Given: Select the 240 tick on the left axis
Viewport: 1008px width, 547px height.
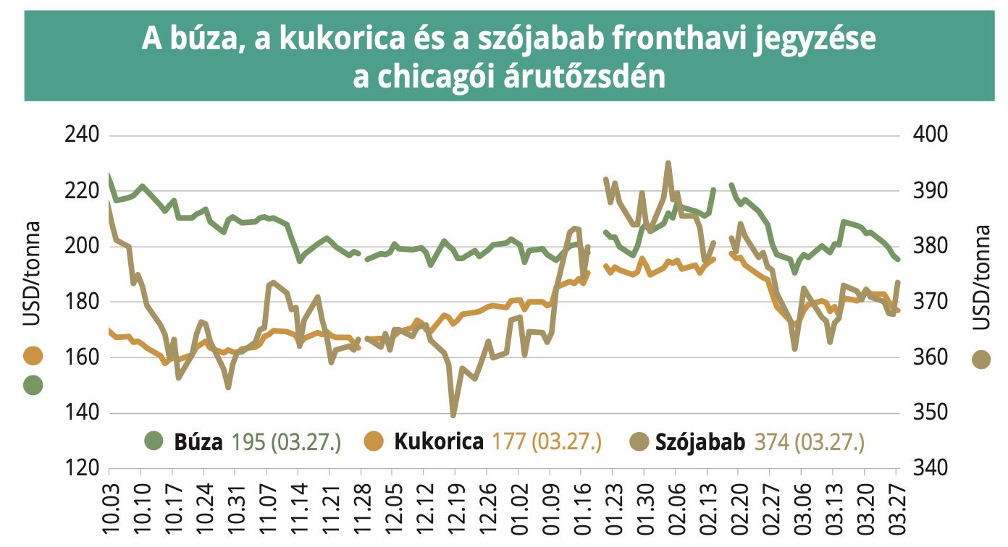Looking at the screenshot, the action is coord(82,135).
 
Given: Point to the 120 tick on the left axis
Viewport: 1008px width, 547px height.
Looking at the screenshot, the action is coord(82,468).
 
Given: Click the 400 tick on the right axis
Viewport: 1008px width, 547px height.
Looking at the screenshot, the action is coord(930,135).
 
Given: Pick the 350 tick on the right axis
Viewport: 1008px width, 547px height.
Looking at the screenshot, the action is coord(930,412).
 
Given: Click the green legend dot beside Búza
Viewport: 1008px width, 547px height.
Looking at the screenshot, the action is coord(154,441).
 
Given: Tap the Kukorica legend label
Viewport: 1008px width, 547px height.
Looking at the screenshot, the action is coord(439,441).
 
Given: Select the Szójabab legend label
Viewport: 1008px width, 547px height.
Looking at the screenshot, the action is coord(700,442).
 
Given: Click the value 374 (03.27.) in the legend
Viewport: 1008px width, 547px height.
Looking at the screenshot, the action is coord(810,442).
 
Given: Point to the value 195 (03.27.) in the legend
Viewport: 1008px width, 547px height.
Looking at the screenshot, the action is coord(286,442).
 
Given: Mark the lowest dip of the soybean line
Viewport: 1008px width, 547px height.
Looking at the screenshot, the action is coord(453,415).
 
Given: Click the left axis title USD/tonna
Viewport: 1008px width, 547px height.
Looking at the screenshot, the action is coord(32,273).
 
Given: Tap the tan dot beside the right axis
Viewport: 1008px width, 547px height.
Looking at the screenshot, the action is coord(981,360).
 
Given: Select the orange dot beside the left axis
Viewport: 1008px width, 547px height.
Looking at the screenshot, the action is coord(33,355).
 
